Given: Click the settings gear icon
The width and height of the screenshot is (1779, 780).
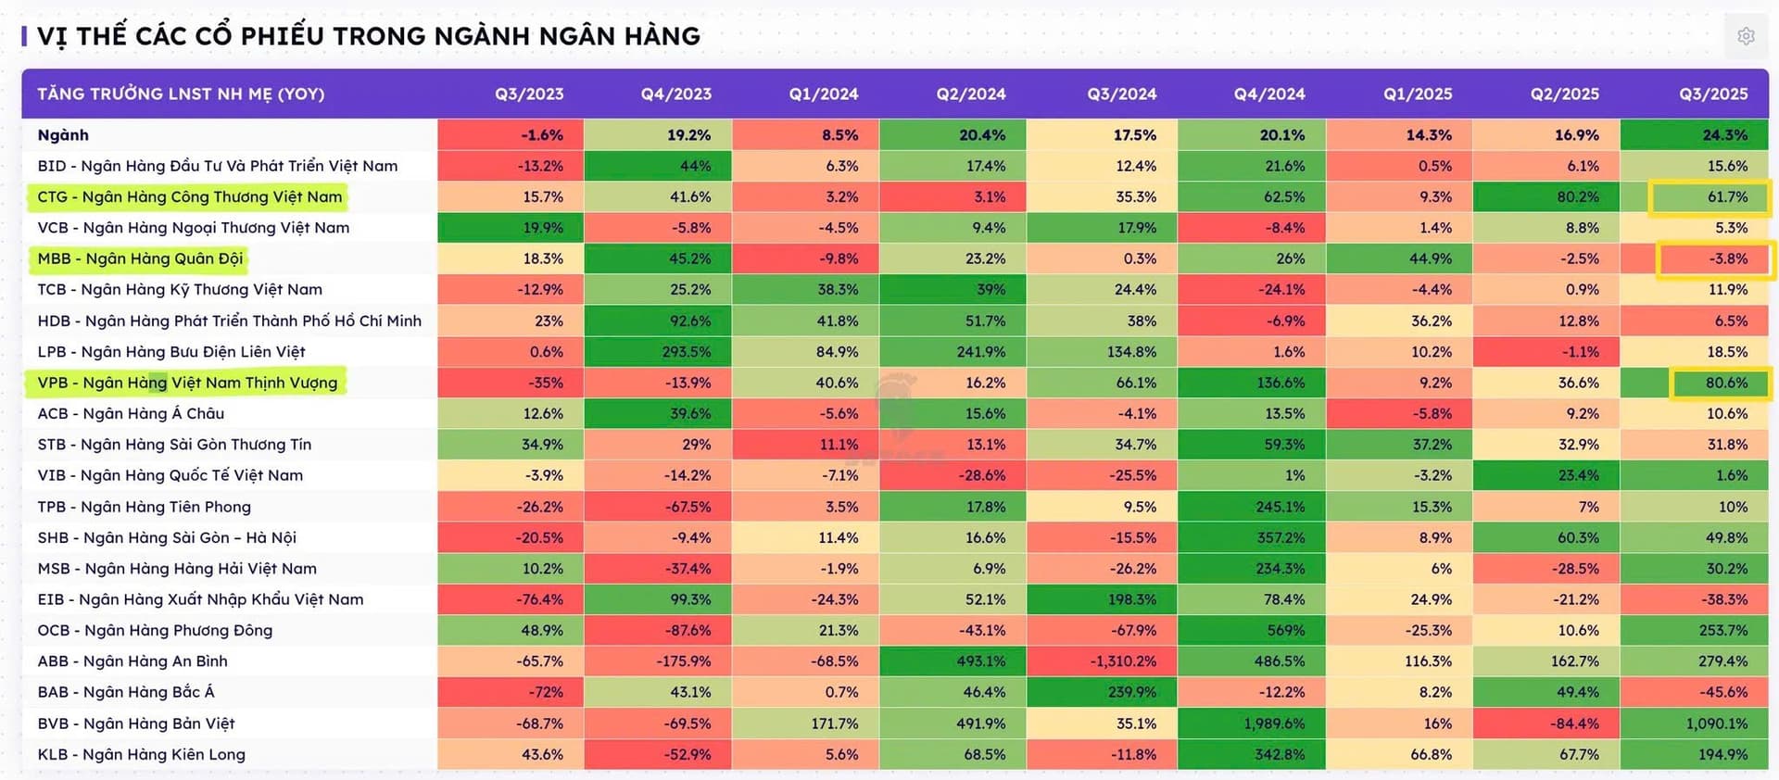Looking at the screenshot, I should (x=1746, y=36).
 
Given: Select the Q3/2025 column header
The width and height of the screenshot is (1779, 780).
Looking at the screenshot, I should (x=1713, y=94).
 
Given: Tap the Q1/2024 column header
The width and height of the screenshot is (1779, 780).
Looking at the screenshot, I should (x=823, y=94).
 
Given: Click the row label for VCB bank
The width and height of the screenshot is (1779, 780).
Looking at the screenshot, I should (x=193, y=228).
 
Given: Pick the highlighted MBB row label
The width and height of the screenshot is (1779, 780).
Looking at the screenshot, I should (x=140, y=258).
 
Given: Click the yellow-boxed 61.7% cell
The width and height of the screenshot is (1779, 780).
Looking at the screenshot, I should (x=1710, y=197).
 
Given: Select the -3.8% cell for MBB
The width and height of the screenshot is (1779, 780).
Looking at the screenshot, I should (x=1715, y=259).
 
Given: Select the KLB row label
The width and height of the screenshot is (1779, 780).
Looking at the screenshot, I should (x=141, y=755).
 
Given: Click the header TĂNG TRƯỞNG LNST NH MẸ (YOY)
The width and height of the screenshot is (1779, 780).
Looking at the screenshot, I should (x=181, y=94).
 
